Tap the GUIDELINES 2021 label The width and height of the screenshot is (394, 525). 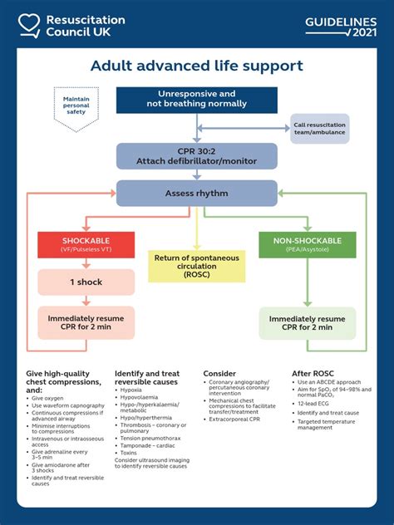click(x=341, y=26)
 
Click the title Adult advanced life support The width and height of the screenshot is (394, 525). click(x=197, y=66)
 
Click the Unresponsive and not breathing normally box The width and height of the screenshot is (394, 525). click(x=196, y=99)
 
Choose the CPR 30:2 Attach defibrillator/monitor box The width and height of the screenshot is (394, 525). click(x=196, y=155)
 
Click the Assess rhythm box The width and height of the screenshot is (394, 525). click(x=196, y=194)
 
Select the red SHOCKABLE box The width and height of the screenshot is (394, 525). click(x=86, y=244)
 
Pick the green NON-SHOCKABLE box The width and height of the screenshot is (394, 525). click(x=308, y=244)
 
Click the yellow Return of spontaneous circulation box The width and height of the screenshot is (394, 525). click(x=197, y=268)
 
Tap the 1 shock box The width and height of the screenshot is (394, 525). click(x=86, y=282)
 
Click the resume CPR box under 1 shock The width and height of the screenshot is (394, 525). click(x=86, y=323)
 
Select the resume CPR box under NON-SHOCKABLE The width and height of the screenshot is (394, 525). click(x=308, y=323)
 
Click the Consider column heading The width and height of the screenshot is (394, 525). click(x=219, y=374)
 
